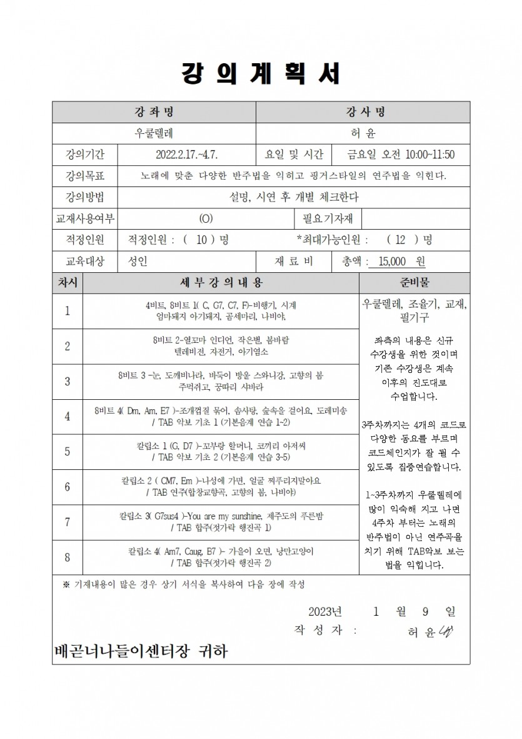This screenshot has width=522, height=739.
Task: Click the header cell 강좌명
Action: click(154, 112)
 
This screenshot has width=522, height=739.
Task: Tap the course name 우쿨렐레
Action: click(154, 133)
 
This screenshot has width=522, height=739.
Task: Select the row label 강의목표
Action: click(85, 176)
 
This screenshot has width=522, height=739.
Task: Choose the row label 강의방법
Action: click(85, 197)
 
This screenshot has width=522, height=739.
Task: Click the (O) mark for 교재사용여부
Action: click(206, 218)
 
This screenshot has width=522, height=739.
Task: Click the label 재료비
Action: click(294, 262)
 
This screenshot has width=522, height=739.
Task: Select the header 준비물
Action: click(415, 282)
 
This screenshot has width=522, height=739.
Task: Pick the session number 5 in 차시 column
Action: click(68, 451)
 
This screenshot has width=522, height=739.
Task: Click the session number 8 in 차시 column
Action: click(68, 557)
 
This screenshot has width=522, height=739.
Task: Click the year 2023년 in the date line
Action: click(325, 611)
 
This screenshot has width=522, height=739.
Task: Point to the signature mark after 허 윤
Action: click(446, 631)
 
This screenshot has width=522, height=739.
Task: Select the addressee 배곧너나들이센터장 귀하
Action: click(141, 651)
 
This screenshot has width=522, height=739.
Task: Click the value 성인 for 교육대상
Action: click(138, 262)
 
